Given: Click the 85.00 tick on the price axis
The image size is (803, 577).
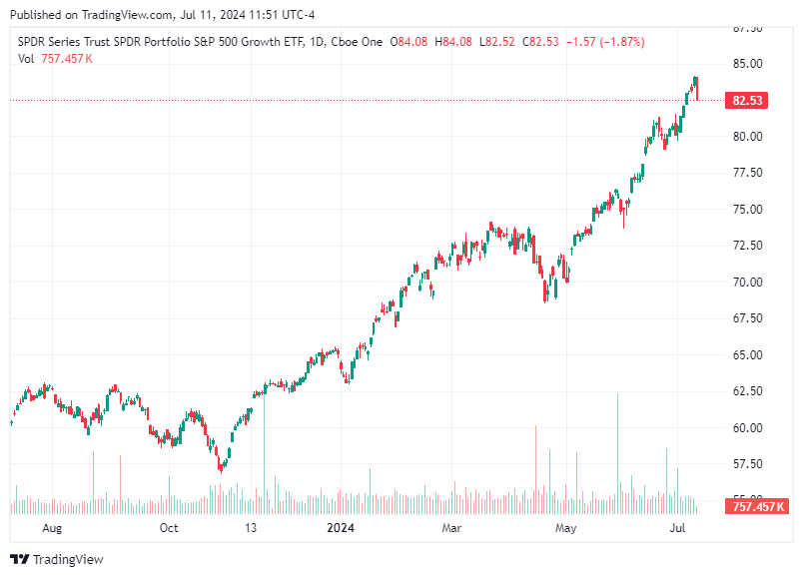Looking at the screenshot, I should (x=747, y=64).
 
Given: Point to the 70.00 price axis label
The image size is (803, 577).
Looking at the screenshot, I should (x=747, y=283).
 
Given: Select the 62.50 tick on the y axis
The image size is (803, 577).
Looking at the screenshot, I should (x=747, y=391).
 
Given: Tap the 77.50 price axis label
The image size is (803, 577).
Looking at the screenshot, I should (x=747, y=173).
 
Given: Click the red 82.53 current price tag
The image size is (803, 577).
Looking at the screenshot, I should (x=748, y=101).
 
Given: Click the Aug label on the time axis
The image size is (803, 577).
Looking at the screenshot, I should (x=53, y=528).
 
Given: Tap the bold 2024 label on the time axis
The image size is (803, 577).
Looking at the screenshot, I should (x=341, y=528).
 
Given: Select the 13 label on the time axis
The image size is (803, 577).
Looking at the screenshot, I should (x=252, y=528).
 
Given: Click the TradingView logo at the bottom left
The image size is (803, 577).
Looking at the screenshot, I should (x=57, y=560).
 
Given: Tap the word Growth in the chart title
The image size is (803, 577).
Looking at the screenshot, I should (x=254, y=42).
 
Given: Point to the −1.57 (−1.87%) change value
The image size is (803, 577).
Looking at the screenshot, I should (x=605, y=42).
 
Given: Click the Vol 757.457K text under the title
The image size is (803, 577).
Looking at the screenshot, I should (x=56, y=59).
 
